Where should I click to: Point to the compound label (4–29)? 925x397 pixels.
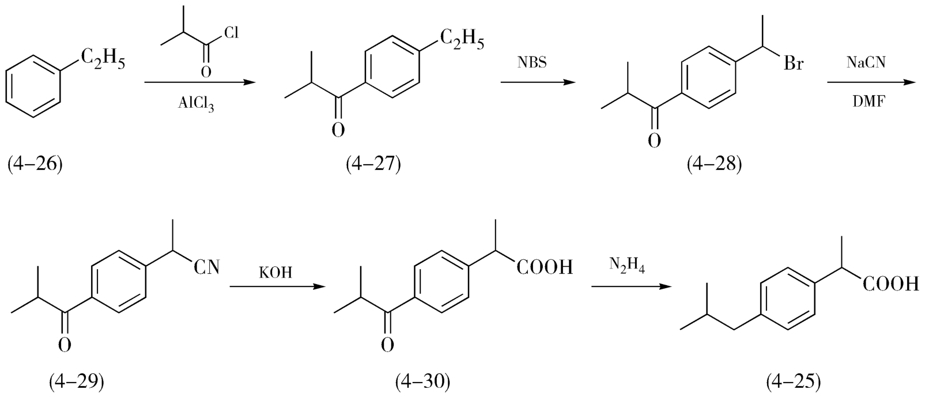[76, 380]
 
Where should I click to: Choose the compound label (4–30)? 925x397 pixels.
[422, 380]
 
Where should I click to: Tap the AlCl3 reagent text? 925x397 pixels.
[196, 104]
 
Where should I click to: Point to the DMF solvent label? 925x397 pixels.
[869, 102]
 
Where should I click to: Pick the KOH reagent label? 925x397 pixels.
[275, 272]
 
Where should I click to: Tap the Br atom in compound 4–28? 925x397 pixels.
[794, 63]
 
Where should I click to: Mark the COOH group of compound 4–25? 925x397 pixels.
[890, 284]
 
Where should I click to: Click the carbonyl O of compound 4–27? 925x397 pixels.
[338, 129]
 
